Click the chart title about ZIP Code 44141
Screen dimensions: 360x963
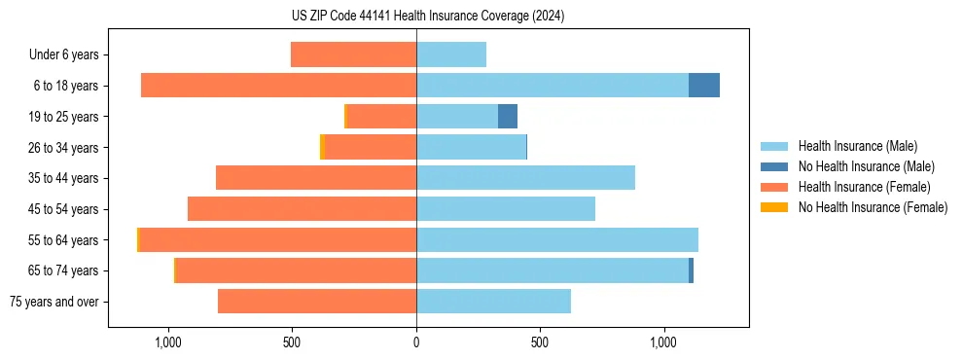click(429, 17)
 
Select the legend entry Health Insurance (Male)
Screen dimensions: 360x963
click(855, 146)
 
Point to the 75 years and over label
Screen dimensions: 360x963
click(53, 302)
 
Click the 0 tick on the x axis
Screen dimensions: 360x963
click(416, 343)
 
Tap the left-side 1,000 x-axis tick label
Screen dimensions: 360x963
click(168, 343)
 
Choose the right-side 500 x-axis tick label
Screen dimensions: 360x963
click(540, 343)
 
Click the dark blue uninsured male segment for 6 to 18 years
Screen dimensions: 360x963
click(703, 86)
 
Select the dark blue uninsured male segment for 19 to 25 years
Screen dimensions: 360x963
click(507, 117)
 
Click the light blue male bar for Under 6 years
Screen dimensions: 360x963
click(451, 54)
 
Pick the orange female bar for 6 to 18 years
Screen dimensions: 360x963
click(278, 86)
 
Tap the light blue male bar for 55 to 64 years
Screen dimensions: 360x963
click(556, 239)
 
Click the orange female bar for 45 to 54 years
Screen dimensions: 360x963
click(302, 209)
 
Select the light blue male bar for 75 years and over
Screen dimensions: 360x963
click(493, 302)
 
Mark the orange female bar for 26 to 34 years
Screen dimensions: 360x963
click(371, 147)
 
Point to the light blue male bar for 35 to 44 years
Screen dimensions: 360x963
click(525, 178)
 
